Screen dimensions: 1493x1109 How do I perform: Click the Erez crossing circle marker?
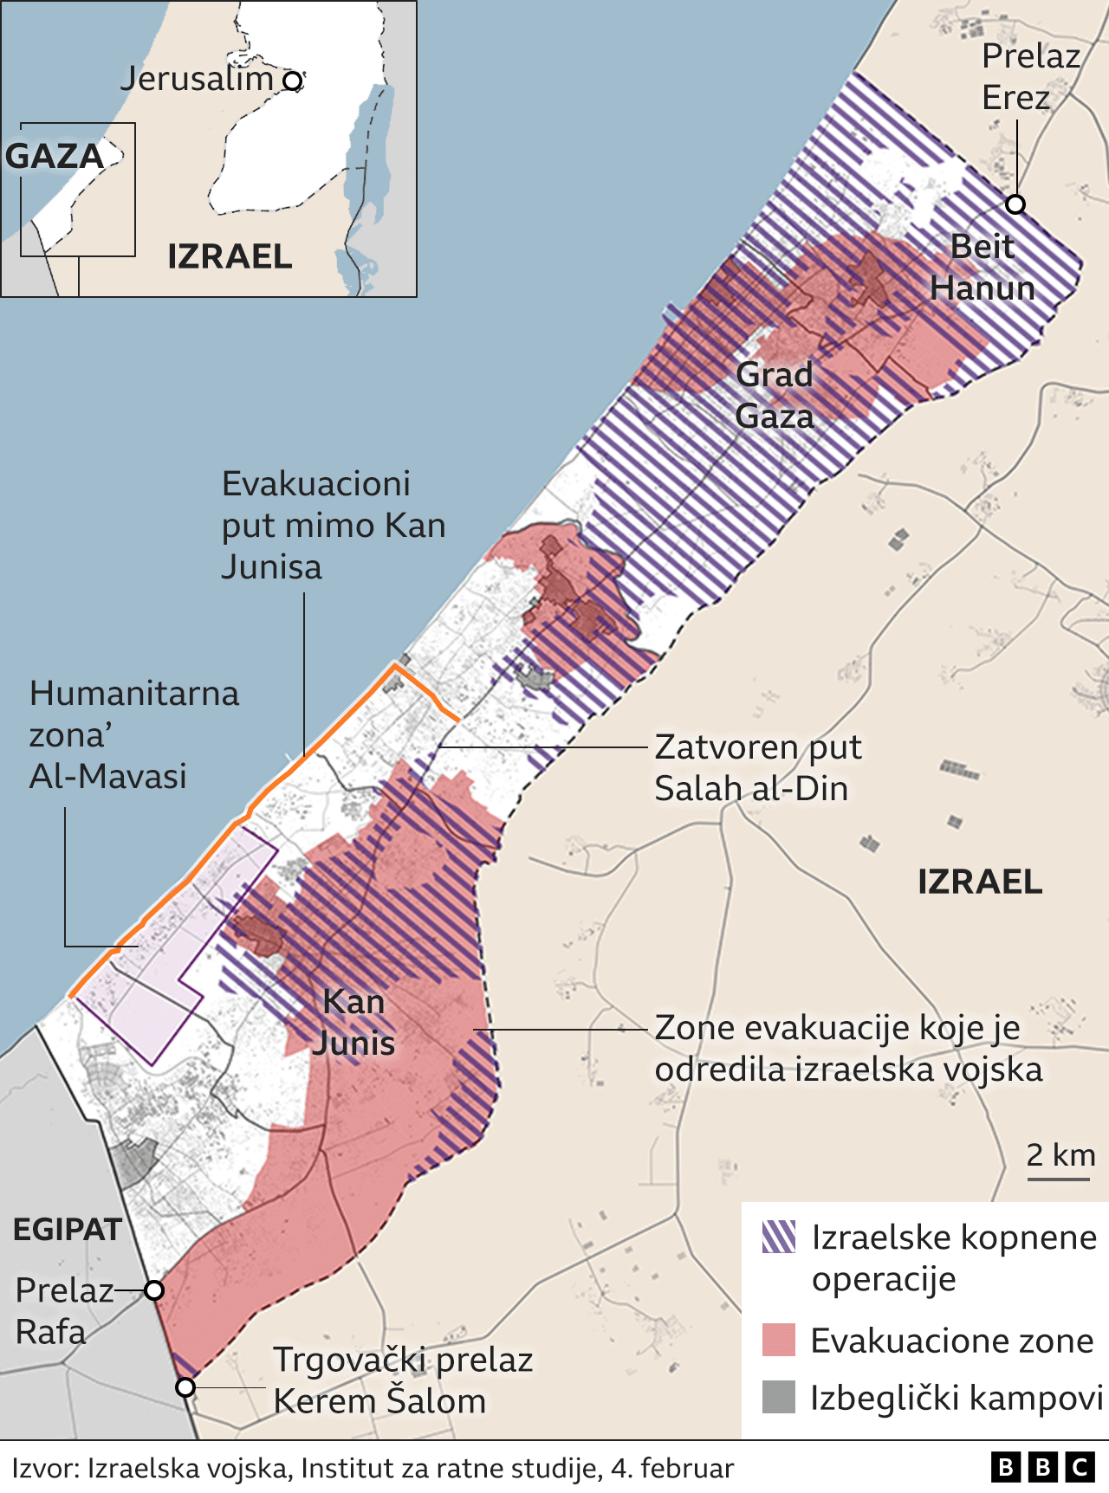coord(1015,204)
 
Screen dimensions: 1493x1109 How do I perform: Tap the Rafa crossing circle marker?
coord(154,1290)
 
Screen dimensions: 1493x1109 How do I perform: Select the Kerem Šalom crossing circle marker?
coord(185,1387)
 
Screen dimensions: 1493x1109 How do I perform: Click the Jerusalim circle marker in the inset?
coord(294,81)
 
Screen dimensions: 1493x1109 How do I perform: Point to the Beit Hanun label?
coord(983,268)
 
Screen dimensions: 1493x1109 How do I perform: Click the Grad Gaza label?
coord(775,395)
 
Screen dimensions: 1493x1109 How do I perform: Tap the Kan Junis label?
coord(353,1022)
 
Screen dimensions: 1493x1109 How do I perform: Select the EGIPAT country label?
coord(68,1229)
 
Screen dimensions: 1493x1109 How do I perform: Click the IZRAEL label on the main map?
coord(980,882)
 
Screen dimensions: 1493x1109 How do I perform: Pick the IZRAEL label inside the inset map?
coord(230,256)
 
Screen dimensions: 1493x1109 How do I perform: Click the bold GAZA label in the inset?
coord(55,157)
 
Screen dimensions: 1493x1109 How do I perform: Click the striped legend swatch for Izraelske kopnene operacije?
coord(779,1237)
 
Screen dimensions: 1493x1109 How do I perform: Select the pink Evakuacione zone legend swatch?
coord(779,1340)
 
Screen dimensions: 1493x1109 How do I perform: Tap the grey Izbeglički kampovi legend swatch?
coord(779,1397)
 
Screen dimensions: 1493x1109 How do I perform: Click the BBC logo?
coord(1043,1467)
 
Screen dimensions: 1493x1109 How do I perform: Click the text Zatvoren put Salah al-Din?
coord(757,767)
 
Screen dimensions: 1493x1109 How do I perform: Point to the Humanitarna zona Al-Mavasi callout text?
coord(133,734)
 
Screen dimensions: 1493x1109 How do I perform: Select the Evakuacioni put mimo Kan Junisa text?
coord(333,525)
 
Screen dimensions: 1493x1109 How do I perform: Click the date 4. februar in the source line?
coord(672,1469)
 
